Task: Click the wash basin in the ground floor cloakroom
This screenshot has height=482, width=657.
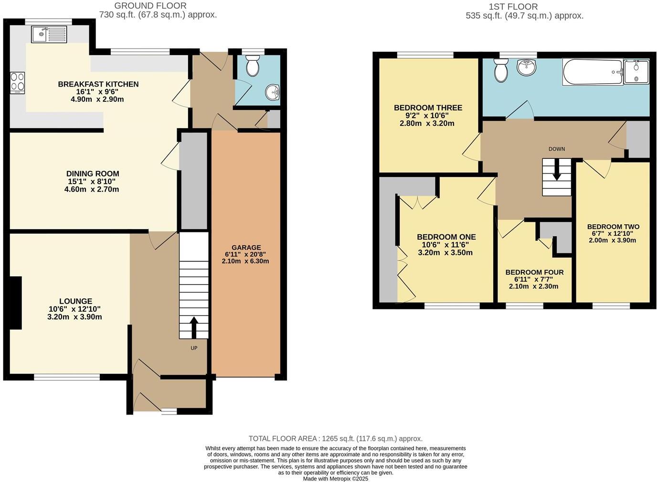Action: (274, 92)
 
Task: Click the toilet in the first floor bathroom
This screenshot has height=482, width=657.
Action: (501, 70)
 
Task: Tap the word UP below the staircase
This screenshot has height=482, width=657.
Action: (194, 348)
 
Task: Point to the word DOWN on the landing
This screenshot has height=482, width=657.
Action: (557, 149)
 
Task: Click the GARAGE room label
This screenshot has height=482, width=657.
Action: (246, 248)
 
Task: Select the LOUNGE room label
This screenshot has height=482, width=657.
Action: (75, 301)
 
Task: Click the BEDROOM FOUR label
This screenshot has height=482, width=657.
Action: (534, 273)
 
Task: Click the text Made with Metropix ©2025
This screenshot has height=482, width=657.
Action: (336, 478)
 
